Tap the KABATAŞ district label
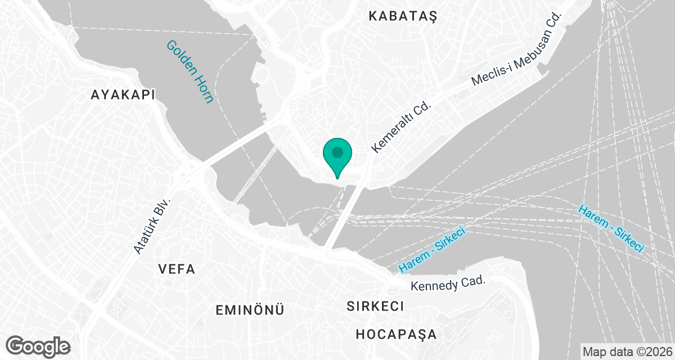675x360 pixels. tap(403, 16)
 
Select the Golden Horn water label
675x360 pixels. tap(190, 71)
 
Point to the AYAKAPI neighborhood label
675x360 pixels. tap(123, 95)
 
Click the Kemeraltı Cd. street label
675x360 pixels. tap(400, 127)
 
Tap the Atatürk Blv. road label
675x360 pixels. tap(152, 225)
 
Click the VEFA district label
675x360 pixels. tap(177, 269)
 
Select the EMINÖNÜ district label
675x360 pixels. tap(250, 309)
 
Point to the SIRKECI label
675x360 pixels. tap(375, 307)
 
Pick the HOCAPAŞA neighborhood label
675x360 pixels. tap(396, 334)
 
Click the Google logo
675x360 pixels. tap(38, 345)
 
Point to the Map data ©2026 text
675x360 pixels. tap(626, 352)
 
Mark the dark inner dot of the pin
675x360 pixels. tap(337, 152)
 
